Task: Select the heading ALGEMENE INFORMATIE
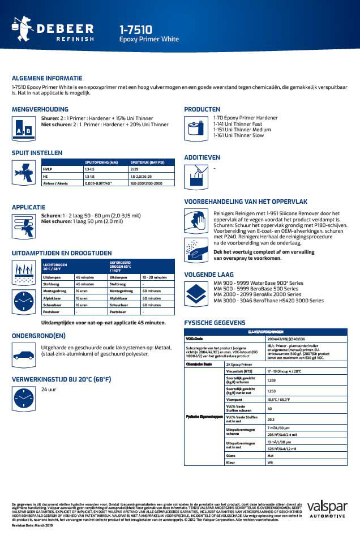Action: click(x=47, y=78)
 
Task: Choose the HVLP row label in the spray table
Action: click(x=48, y=169)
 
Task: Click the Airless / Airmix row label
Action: click(x=55, y=183)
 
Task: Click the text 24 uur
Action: click(x=48, y=390)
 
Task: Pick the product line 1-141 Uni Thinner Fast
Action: click(x=238, y=123)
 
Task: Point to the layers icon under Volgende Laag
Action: click(x=196, y=294)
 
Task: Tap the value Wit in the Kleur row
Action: click(x=270, y=463)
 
